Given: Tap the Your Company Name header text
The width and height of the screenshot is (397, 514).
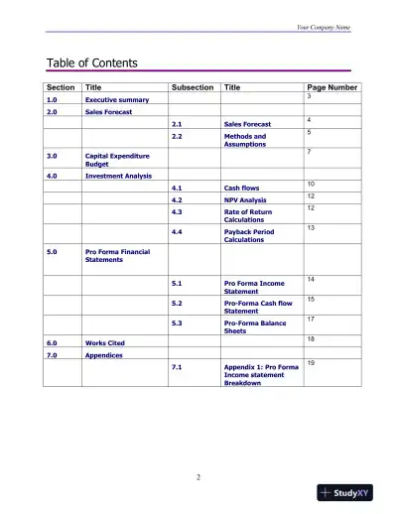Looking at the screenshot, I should pos(323,27).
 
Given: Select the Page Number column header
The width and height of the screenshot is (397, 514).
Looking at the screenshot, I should pos(332,87).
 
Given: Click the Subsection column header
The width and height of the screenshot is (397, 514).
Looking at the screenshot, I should pos(192,87).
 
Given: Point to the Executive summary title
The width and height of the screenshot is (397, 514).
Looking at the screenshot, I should pos(117,100).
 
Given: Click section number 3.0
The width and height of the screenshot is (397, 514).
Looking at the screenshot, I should pos(52,156).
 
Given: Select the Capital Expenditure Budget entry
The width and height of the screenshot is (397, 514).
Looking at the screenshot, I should pos(116,160).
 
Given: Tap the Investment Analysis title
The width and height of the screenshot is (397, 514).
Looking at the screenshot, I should pos(118,176).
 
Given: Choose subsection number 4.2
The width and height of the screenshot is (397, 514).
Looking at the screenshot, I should pos(177,199).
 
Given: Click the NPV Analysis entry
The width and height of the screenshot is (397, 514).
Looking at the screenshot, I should pos(245,199).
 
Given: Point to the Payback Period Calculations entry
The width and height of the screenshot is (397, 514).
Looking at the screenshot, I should pos(249,235).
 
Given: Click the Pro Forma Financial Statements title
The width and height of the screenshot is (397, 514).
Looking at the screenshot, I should pos(117,256).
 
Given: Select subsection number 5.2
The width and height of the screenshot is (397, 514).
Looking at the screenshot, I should pos(177,303).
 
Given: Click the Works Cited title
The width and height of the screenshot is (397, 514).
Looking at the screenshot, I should pos(103,342).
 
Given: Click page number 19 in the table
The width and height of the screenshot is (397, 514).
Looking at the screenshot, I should pos(311,363).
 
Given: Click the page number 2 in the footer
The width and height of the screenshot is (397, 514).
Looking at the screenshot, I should pos(198,477).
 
